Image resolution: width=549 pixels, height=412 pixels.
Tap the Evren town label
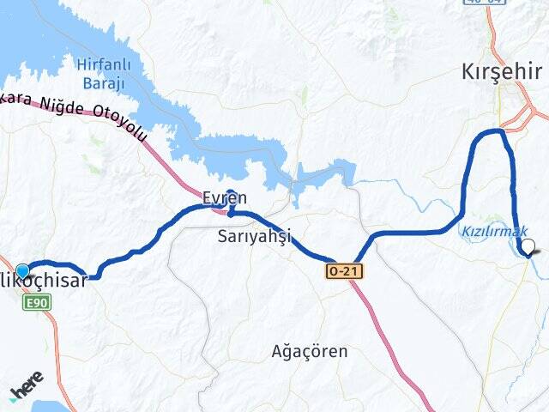point(225,197)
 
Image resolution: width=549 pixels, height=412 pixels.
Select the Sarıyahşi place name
point(254,235)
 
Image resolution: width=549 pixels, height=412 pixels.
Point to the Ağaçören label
point(310,351)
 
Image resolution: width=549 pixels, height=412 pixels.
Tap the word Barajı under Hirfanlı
point(104,82)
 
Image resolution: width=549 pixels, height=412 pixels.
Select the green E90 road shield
point(38,301)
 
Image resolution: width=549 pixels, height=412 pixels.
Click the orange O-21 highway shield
point(344,271)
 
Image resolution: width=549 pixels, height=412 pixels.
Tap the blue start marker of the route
point(22,270)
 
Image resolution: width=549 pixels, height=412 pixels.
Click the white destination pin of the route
point(528,247)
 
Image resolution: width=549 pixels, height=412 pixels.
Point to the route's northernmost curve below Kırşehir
point(492,131)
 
